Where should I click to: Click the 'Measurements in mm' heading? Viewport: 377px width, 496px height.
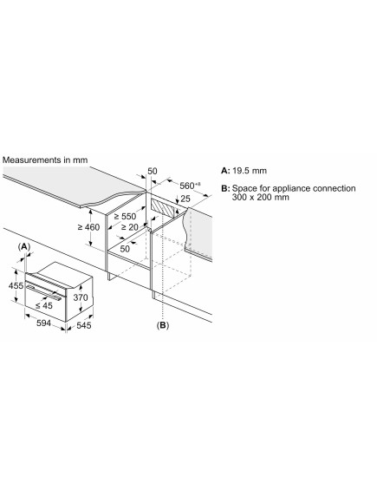point(45,160)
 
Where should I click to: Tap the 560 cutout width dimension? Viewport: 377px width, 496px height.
point(190,186)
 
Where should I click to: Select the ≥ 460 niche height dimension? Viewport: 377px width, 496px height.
point(89,227)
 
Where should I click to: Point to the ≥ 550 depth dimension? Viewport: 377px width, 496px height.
point(125,217)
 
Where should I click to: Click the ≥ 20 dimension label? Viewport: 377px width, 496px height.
point(130,227)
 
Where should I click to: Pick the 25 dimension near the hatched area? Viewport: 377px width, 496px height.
point(185,199)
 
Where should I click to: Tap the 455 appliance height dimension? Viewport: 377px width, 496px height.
point(16,285)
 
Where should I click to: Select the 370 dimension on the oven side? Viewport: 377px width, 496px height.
point(81,297)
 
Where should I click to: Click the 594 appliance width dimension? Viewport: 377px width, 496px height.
point(43,323)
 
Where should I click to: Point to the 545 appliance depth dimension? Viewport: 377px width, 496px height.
point(84,325)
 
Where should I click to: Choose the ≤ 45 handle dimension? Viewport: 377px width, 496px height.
point(44,305)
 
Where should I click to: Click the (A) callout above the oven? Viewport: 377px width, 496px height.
point(24,247)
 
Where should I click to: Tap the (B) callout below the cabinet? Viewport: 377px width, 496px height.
point(163,325)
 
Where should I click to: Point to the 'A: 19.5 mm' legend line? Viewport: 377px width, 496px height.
point(244,171)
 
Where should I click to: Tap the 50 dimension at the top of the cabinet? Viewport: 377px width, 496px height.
point(153,171)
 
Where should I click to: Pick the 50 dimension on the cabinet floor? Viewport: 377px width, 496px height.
point(125,249)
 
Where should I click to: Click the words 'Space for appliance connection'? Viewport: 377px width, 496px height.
point(294,188)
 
